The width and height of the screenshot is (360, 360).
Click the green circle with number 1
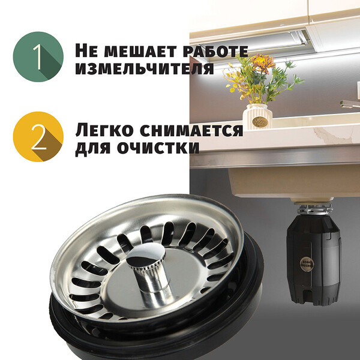(38, 57)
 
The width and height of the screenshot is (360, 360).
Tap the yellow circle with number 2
(38, 137)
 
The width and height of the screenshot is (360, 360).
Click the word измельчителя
(145, 68)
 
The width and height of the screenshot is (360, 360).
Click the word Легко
(104, 130)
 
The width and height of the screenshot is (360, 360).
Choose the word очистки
(158, 148)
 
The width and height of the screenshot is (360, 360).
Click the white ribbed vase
(257, 116)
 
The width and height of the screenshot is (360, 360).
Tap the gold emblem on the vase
(258, 122)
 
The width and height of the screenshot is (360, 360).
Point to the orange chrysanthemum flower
(262, 62)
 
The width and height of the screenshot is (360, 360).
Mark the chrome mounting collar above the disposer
(314, 208)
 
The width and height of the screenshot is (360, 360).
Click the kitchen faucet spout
(350, 104)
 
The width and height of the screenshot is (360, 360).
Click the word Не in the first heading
(86, 51)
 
